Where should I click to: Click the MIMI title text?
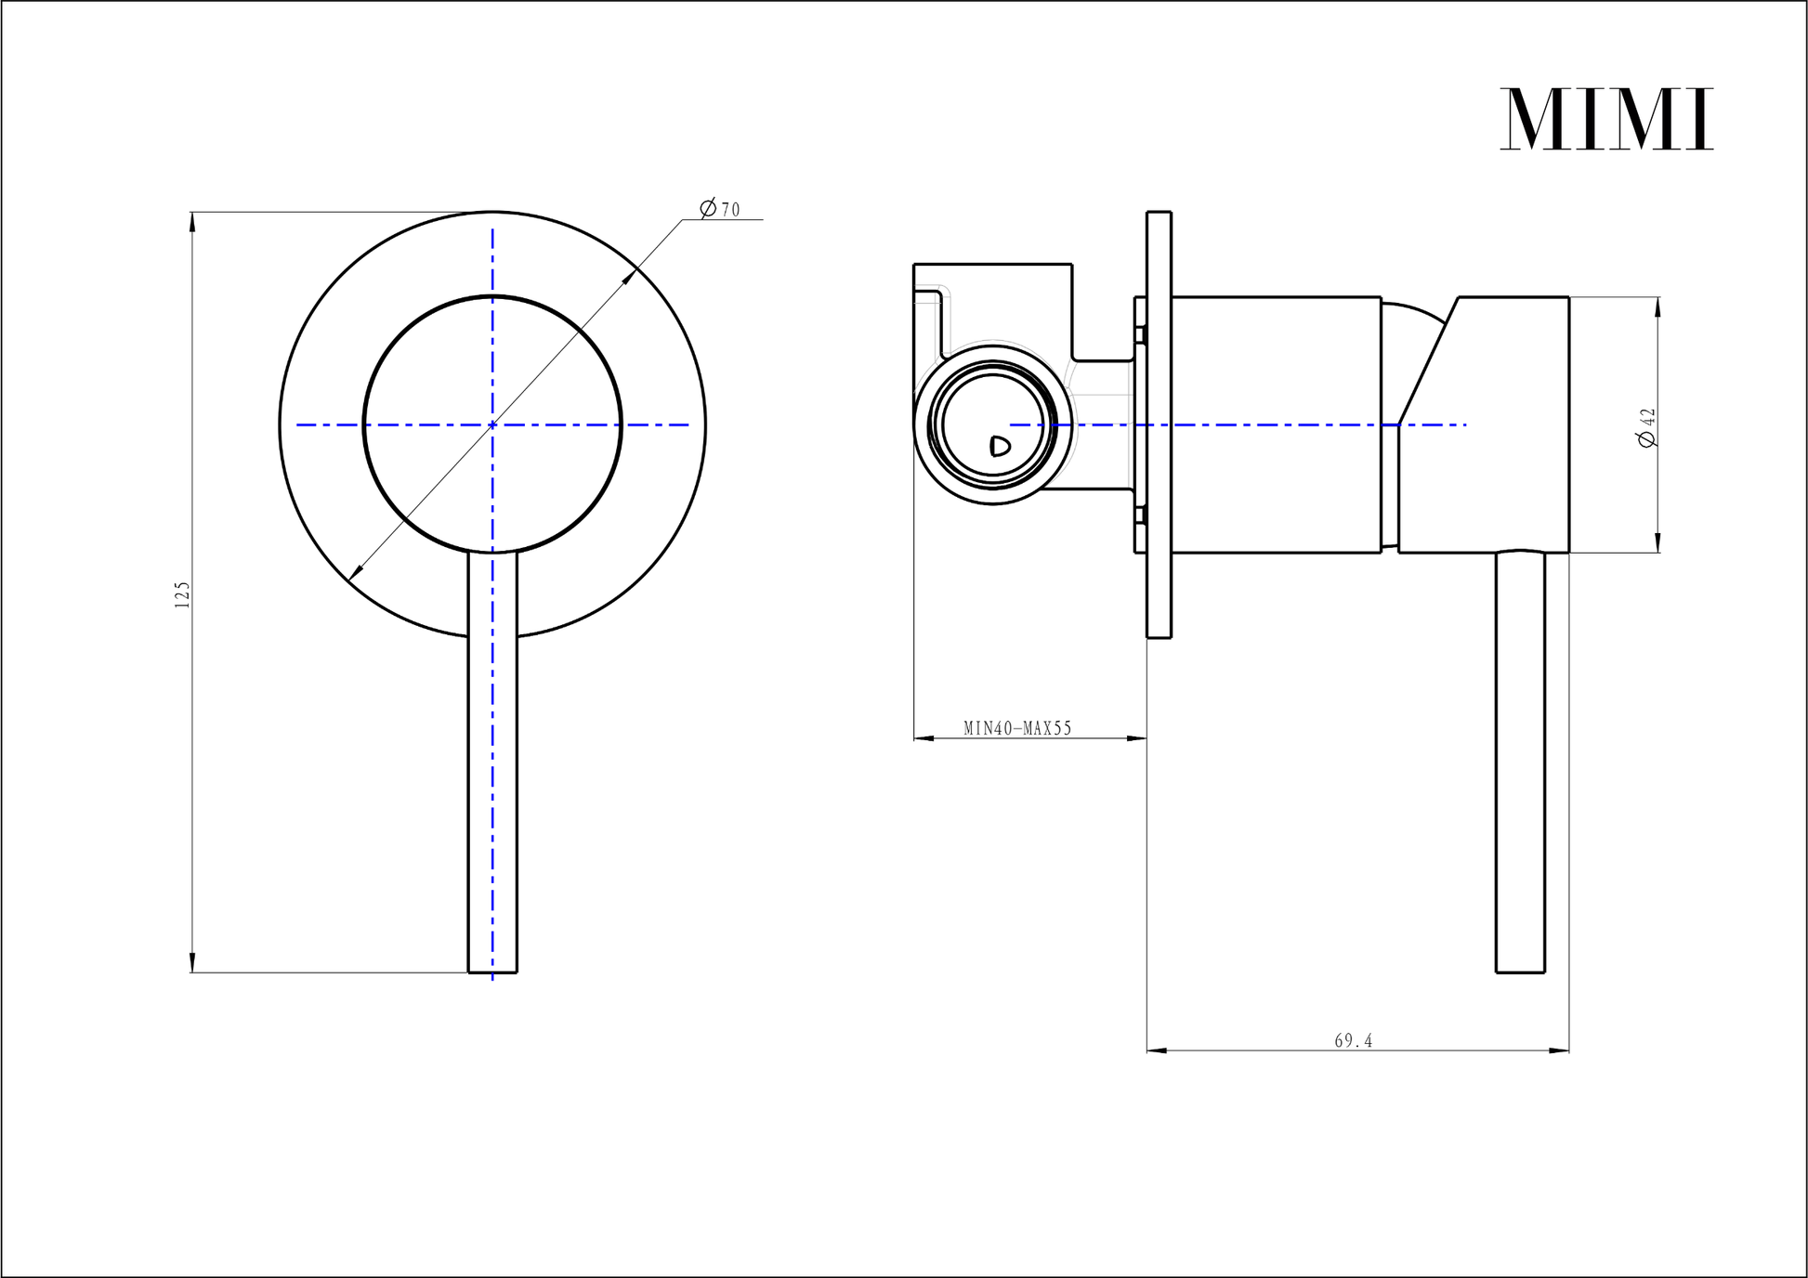[1606, 119]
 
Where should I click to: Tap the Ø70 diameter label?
[720, 209]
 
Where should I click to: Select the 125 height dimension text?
[182, 594]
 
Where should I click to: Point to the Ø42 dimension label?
[1648, 427]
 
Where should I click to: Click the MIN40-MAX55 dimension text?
[1017, 728]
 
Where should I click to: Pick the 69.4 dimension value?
[1354, 1041]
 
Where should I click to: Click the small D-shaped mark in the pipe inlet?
[1000, 447]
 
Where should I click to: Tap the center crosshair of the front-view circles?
[492, 424]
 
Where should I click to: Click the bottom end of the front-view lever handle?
[492, 972]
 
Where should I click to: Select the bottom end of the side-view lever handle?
[1520, 972]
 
